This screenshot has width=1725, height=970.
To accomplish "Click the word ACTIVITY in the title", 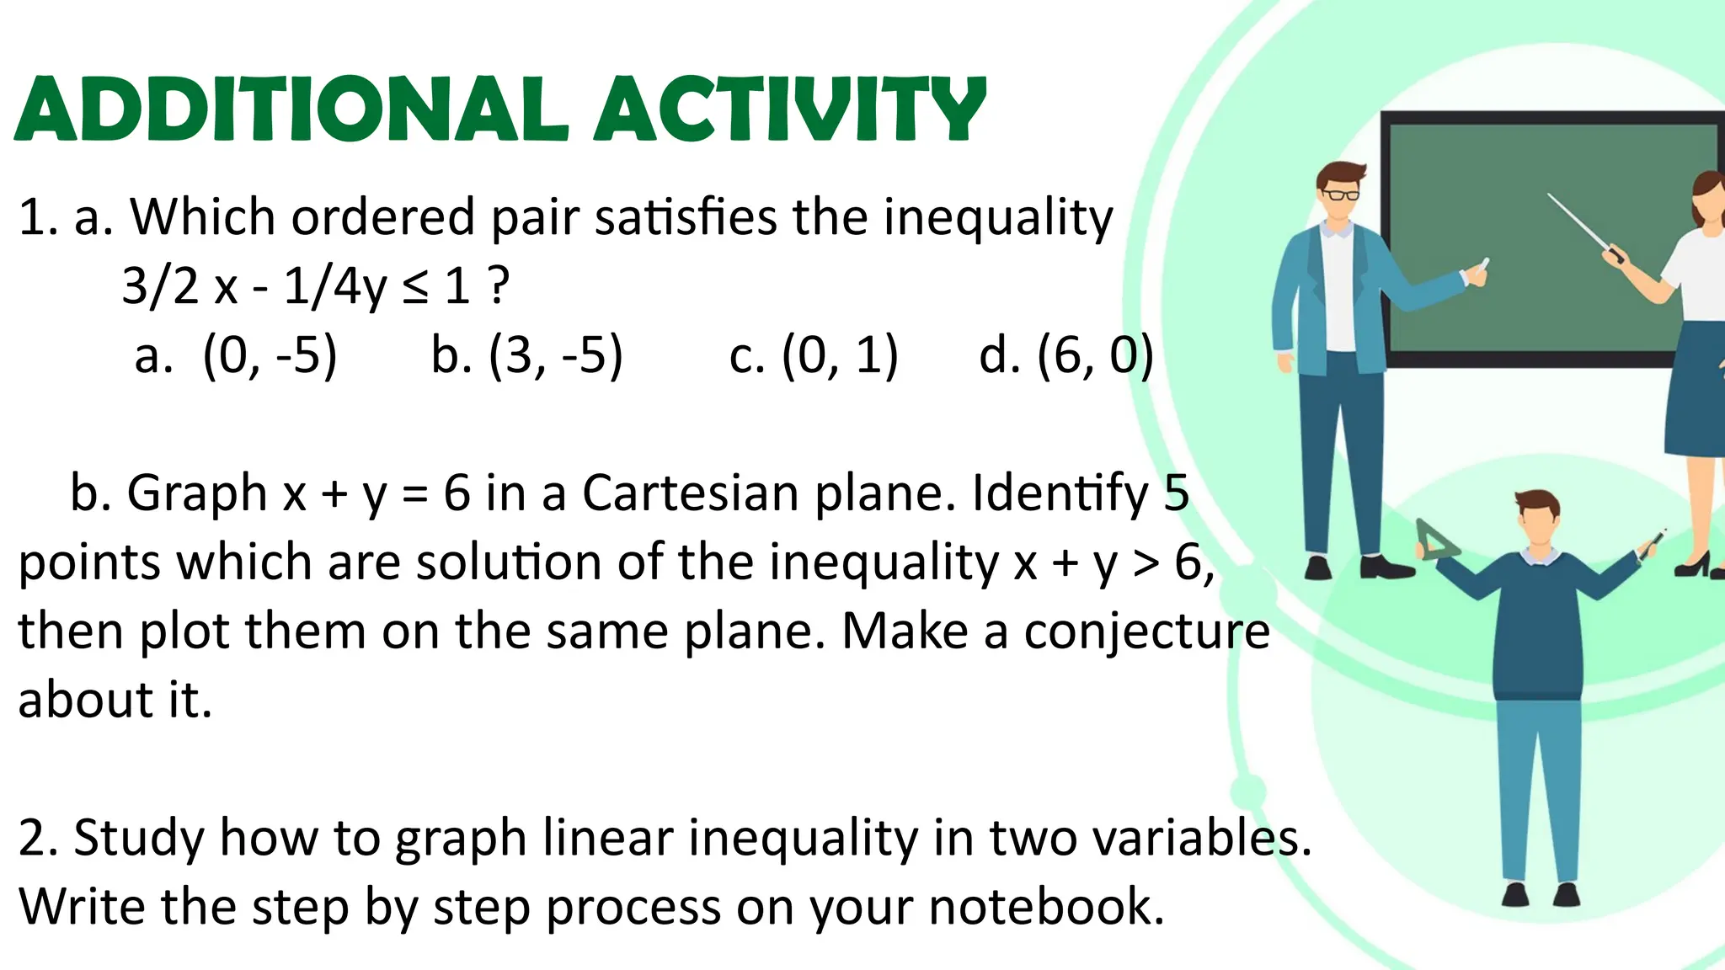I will point(790,109).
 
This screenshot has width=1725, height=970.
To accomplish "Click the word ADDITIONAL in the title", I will point(291,109).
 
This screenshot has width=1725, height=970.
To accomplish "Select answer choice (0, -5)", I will point(270,355).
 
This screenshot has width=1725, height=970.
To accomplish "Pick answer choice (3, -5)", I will point(556,355).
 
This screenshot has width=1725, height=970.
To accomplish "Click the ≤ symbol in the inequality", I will point(414,287).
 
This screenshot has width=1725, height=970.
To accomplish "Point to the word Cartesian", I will point(690,493).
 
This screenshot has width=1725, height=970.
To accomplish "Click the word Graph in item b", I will point(196,493).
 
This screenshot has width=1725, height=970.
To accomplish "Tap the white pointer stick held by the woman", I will point(1578,222).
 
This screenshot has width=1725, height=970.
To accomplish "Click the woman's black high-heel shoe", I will point(1693,565).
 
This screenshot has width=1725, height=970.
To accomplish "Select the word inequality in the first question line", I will point(998,218).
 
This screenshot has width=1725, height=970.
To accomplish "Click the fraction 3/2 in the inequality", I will point(160,287).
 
